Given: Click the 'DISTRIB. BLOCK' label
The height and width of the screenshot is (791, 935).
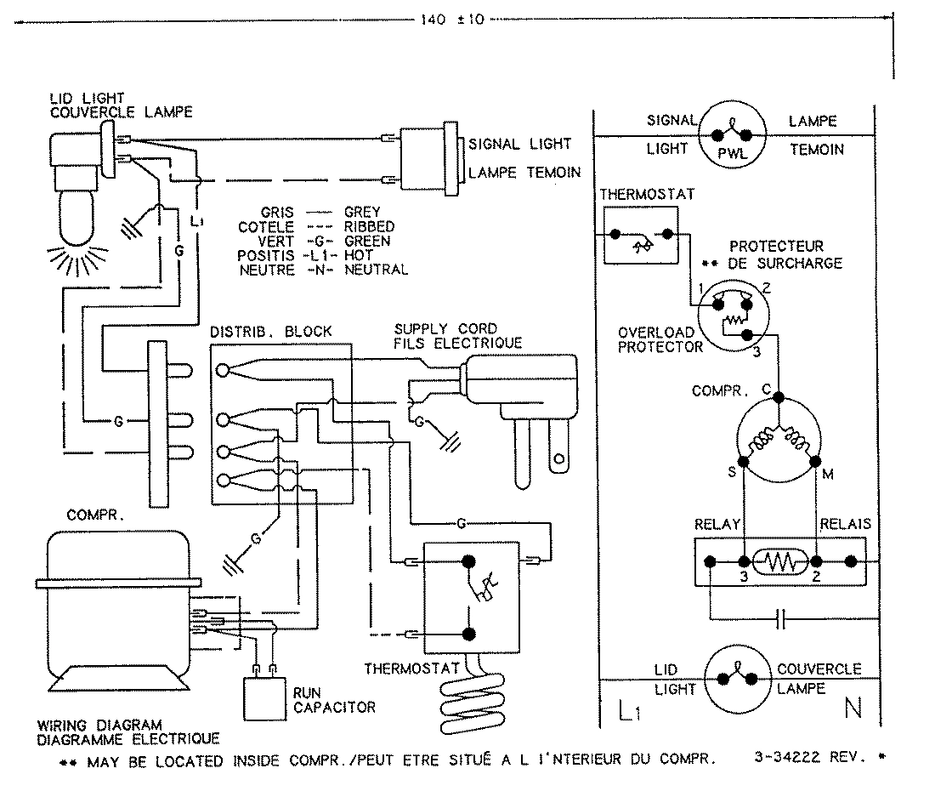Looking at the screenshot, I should tap(271, 331).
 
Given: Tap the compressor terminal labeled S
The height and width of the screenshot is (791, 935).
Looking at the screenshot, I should tap(744, 461).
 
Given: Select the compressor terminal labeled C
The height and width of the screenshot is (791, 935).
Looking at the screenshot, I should tap(779, 392).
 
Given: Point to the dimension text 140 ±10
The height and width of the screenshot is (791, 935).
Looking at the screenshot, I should tap(451, 20).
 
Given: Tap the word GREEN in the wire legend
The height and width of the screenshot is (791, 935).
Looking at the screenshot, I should tap(367, 241).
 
